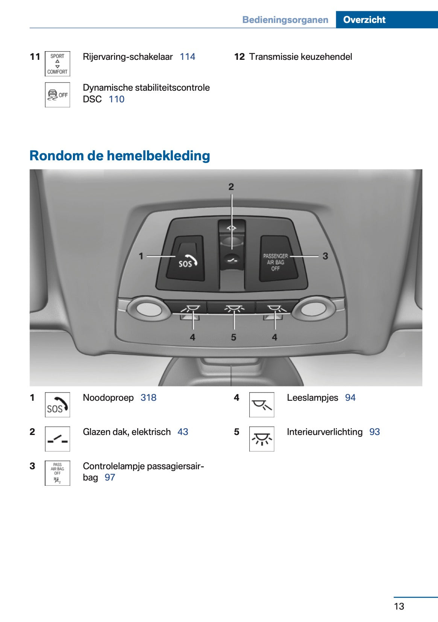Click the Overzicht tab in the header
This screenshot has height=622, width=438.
tap(364, 20)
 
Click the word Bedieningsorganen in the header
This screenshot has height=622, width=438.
tap(285, 20)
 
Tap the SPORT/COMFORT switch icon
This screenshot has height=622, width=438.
tap(57, 64)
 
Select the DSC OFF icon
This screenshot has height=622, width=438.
tap(57, 95)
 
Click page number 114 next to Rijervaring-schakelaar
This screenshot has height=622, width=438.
tap(187, 57)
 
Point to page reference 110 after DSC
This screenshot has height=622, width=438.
tap(117, 99)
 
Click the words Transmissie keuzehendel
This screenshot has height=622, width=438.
tap(300, 57)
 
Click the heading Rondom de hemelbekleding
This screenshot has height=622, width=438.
tap(120, 155)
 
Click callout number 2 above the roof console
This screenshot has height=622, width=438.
tap(231, 187)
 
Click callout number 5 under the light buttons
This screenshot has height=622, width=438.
tap(233, 337)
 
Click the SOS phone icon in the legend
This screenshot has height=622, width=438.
tap(57, 405)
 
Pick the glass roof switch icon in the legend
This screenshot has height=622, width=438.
tap(57, 439)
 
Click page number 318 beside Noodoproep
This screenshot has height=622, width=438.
tap(148, 398)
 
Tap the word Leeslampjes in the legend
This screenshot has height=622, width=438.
tap(312, 398)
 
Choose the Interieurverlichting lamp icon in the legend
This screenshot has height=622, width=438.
tap(262, 439)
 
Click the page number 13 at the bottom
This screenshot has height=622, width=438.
tap(399, 606)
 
